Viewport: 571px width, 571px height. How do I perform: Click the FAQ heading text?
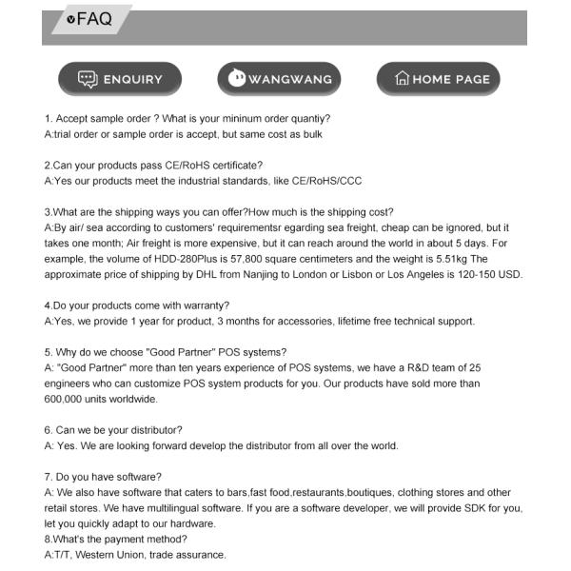[94, 19]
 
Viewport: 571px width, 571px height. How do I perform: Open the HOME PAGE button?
[439, 79]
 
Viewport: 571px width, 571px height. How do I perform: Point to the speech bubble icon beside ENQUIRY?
[88, 79]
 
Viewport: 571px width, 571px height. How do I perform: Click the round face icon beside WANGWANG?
[237, 79]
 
